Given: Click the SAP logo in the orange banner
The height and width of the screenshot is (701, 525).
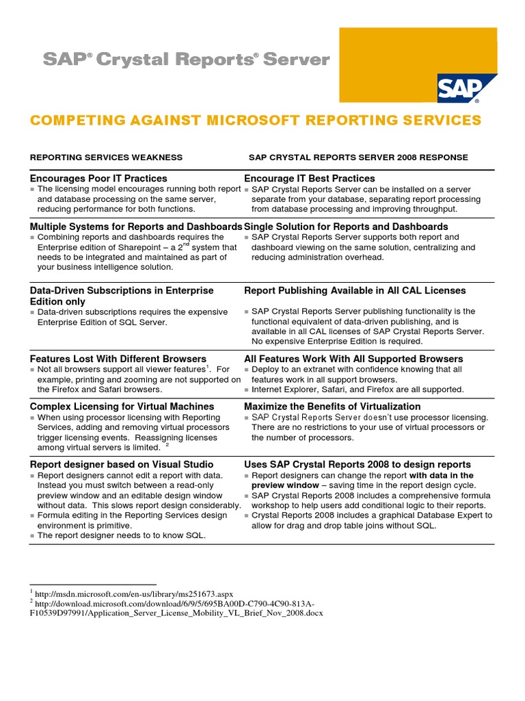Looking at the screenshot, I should coord(459,87).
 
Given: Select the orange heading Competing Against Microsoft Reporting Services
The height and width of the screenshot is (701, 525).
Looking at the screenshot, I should coord(256,120).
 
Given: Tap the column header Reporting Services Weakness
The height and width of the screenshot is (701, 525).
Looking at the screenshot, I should coord(106,157).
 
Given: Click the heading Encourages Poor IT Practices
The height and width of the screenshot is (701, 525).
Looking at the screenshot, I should coord(98,178).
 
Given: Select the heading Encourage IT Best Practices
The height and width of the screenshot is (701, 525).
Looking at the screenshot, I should coord(310,178).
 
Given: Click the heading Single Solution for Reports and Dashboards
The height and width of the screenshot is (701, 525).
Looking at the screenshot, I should coord(346,227).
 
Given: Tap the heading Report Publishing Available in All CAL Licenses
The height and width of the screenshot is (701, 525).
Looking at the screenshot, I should coord(355,291).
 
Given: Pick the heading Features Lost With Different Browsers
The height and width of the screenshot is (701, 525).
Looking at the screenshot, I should coord(118,359).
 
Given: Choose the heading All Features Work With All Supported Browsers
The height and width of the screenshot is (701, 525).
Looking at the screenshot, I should coord(353,359).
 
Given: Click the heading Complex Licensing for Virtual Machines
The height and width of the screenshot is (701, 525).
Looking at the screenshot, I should coord(122,407).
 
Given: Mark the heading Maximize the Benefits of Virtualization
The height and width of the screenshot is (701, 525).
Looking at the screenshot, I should coord(332,407).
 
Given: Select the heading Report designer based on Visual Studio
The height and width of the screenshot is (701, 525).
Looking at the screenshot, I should coord(122,465).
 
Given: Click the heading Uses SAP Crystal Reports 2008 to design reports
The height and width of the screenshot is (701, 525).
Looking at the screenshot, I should coord(358,465).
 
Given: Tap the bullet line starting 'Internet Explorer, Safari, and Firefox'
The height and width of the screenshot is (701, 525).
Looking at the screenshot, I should coord(358,390).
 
